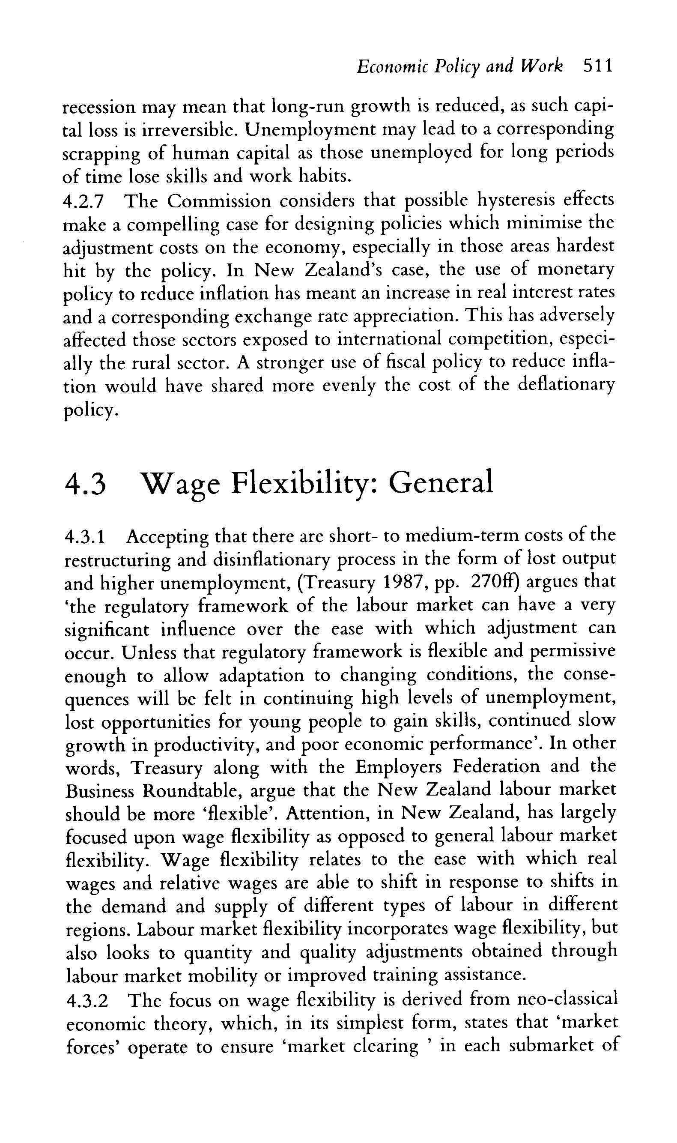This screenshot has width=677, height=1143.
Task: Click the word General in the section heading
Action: tap(441, 483)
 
